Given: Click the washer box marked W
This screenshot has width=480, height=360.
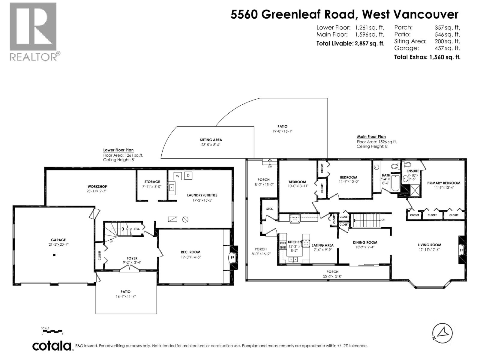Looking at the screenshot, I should [x=177, y=176].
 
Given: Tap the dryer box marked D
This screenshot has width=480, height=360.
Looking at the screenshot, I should [x=188, y=175].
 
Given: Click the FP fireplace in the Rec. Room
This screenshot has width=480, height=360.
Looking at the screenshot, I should [x=232, y=257].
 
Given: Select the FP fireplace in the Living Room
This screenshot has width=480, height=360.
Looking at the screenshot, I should [x=461, y=250].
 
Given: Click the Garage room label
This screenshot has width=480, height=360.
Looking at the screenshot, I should [x=58, y=240].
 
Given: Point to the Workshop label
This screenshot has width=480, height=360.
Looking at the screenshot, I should [x=97, y=186].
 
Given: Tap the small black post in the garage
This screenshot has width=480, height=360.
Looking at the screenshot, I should [x=54, y=255].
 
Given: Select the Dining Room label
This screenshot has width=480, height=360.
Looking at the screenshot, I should [x=365, y=242].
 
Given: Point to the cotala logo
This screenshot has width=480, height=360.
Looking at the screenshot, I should [x=52, y=346].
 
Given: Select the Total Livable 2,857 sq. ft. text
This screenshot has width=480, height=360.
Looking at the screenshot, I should [x=350, y=43].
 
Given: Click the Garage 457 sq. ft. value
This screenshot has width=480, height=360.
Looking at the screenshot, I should [x=447, y=48].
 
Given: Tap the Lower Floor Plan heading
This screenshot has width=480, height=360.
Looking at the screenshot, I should [x=118, y=150].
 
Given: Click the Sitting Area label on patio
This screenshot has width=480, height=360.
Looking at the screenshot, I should [x=211, y=140].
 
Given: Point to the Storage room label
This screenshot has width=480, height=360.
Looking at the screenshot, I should [x=152, y=181].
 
